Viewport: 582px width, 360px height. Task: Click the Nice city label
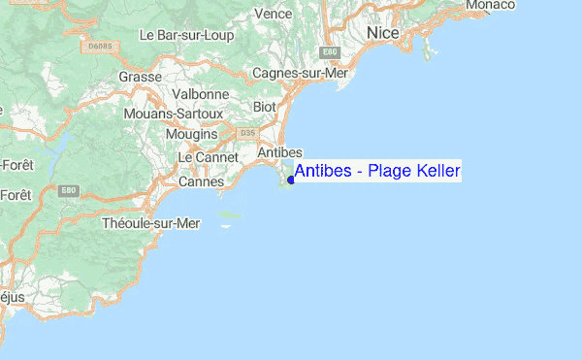[384, 34]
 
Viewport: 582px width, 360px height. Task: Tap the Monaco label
[490, 6]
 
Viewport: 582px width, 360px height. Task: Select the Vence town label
[273, 15]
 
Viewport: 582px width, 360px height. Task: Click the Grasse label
[139, 77]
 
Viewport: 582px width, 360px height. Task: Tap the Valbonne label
[200, 95]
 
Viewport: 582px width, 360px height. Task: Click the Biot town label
[265, 107]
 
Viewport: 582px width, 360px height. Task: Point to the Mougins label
[191, 133]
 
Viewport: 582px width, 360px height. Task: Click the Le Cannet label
[202, 157]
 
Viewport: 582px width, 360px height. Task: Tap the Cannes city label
[202, 181]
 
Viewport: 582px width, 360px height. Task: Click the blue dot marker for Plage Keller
[291, 180]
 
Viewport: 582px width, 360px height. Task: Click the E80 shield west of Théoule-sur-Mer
[67, 190]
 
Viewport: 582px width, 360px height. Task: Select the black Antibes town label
[281, 153]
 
